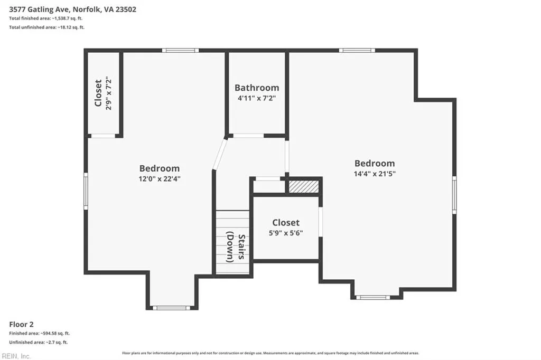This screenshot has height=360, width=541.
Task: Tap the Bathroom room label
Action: [x=257, y=88]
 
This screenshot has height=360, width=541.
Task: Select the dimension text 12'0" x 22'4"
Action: [x=160, y=178]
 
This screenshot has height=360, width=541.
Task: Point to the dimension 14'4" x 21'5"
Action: [x=375, y=174]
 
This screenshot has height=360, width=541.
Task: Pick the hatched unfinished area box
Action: [x=304, y=186]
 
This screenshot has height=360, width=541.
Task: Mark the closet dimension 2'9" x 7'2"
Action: [x=109, y=93]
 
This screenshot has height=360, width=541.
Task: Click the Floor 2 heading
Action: [x=21, y=324]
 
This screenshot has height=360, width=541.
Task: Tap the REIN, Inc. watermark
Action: [x=16, y=356]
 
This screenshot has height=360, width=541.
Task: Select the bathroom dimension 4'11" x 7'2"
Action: [x=257, y=98]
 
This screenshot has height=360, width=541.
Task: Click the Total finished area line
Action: [x=45, y=18]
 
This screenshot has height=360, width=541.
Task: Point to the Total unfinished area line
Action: [x=46, y=27]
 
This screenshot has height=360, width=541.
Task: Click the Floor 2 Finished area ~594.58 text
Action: [x=39, y=334]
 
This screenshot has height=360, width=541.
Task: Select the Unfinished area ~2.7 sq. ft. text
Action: [x=38, y=343]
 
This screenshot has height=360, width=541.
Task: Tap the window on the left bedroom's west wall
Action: [x=86, y=191]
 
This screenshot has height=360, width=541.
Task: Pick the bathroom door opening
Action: [x=247, y=136]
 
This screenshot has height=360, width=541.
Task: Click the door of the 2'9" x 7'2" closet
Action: [x=103, y=136]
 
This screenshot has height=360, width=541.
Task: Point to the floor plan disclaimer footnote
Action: [x=270, y=353]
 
